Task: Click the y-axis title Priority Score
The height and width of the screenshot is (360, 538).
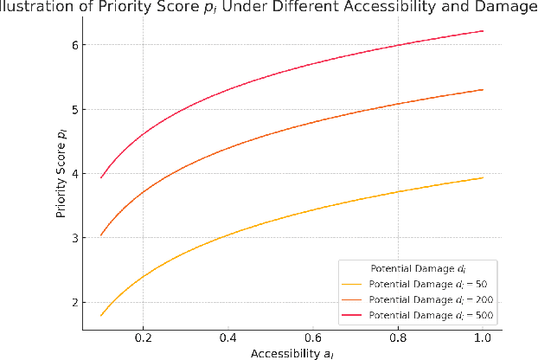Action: click(x=61, y=173)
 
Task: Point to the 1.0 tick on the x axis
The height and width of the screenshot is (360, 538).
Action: click(x=482, y=337)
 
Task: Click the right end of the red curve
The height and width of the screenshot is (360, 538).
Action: click(x=482, y=31)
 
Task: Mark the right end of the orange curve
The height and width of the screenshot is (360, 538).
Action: click(x=482, y=89)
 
